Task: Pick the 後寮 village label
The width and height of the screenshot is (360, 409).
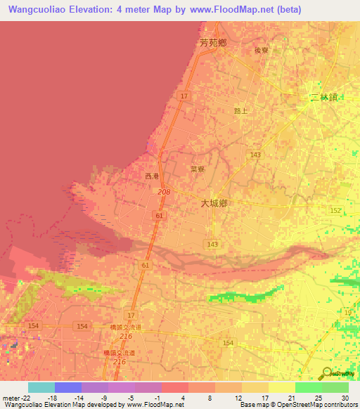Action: tap(262, 51)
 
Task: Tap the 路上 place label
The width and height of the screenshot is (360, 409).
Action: tap(241, 110)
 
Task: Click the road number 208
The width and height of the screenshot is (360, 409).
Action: tap(164, 192)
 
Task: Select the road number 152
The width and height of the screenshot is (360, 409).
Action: tap(335, 211)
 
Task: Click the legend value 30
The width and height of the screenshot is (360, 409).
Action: tap(344, 399)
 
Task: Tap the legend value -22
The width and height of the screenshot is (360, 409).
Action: tap(22, 399)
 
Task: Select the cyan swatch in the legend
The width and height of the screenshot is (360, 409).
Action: tap(41, 387)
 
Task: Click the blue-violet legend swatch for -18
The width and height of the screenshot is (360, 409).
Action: tap(67, 387)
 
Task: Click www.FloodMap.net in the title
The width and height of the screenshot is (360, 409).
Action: tap(230, 10)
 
